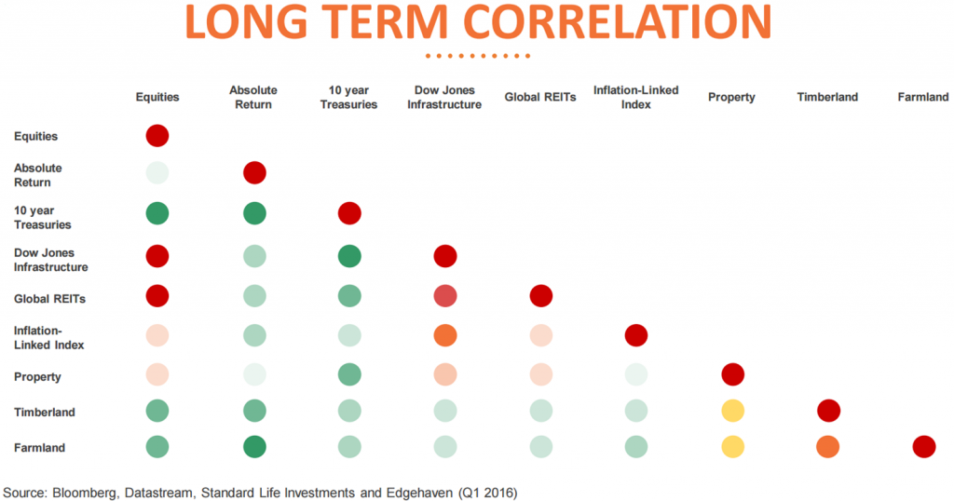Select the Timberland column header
point(827,97)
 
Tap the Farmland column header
point(922,97)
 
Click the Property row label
point(37,377)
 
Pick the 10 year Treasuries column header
point(348,98)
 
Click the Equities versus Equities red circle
point(157,136)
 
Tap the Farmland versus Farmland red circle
point(923,447)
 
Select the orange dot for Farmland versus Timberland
point(827,447)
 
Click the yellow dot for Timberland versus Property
point(732,411)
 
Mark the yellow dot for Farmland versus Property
point(732,447)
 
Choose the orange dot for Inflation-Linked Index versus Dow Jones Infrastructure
point(445,335)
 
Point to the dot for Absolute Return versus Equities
point(157,172)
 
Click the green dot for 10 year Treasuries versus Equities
point(157,213)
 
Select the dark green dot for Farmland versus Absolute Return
point(253,447)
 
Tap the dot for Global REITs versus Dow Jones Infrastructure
point(445,296)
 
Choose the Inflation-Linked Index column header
point(635,98)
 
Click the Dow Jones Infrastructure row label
point(51,260)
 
